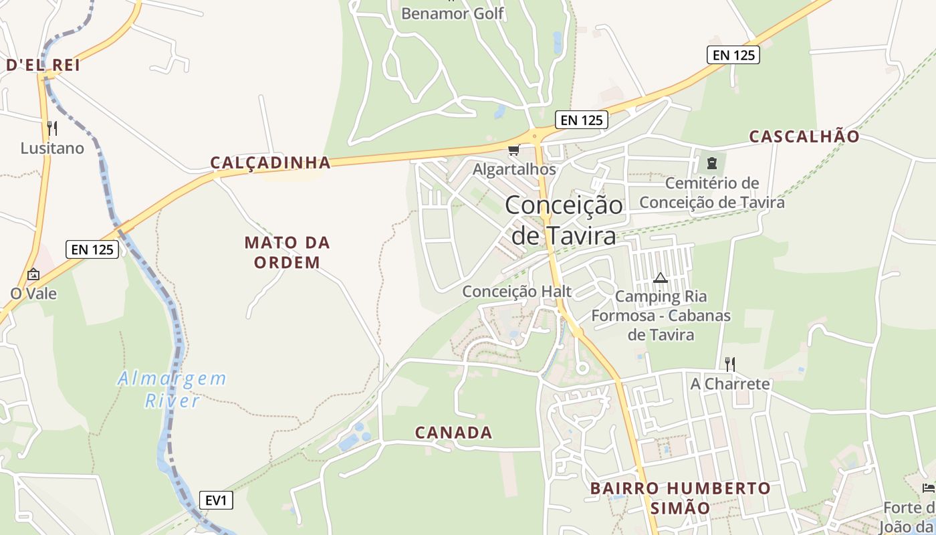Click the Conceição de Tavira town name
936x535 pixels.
pos(564,220)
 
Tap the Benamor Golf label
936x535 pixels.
pos(453,13)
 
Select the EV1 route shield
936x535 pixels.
pos(216,500)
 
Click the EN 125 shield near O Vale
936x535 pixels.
pos(93,249)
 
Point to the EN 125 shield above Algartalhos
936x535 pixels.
pos(582,120)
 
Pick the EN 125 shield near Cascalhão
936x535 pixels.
pos(733,55)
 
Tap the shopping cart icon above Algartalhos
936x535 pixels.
pos(513,150)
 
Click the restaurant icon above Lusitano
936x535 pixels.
pos(52,128)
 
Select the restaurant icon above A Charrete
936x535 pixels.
pos(730,364)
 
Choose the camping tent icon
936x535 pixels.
pos(661,278)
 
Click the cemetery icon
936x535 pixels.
pos(711,163)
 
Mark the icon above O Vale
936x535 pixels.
pos(33,274)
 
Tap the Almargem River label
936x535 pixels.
pos(172,389)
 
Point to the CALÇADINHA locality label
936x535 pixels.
pos(271,163)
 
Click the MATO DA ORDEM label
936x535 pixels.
pos(287,252)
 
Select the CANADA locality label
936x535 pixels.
pos(454,433)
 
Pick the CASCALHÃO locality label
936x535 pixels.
pos(804,136)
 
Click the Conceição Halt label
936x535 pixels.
pos(517,292)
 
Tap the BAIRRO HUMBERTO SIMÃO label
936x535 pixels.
pos(681,498)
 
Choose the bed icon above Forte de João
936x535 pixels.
pos(928,488)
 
